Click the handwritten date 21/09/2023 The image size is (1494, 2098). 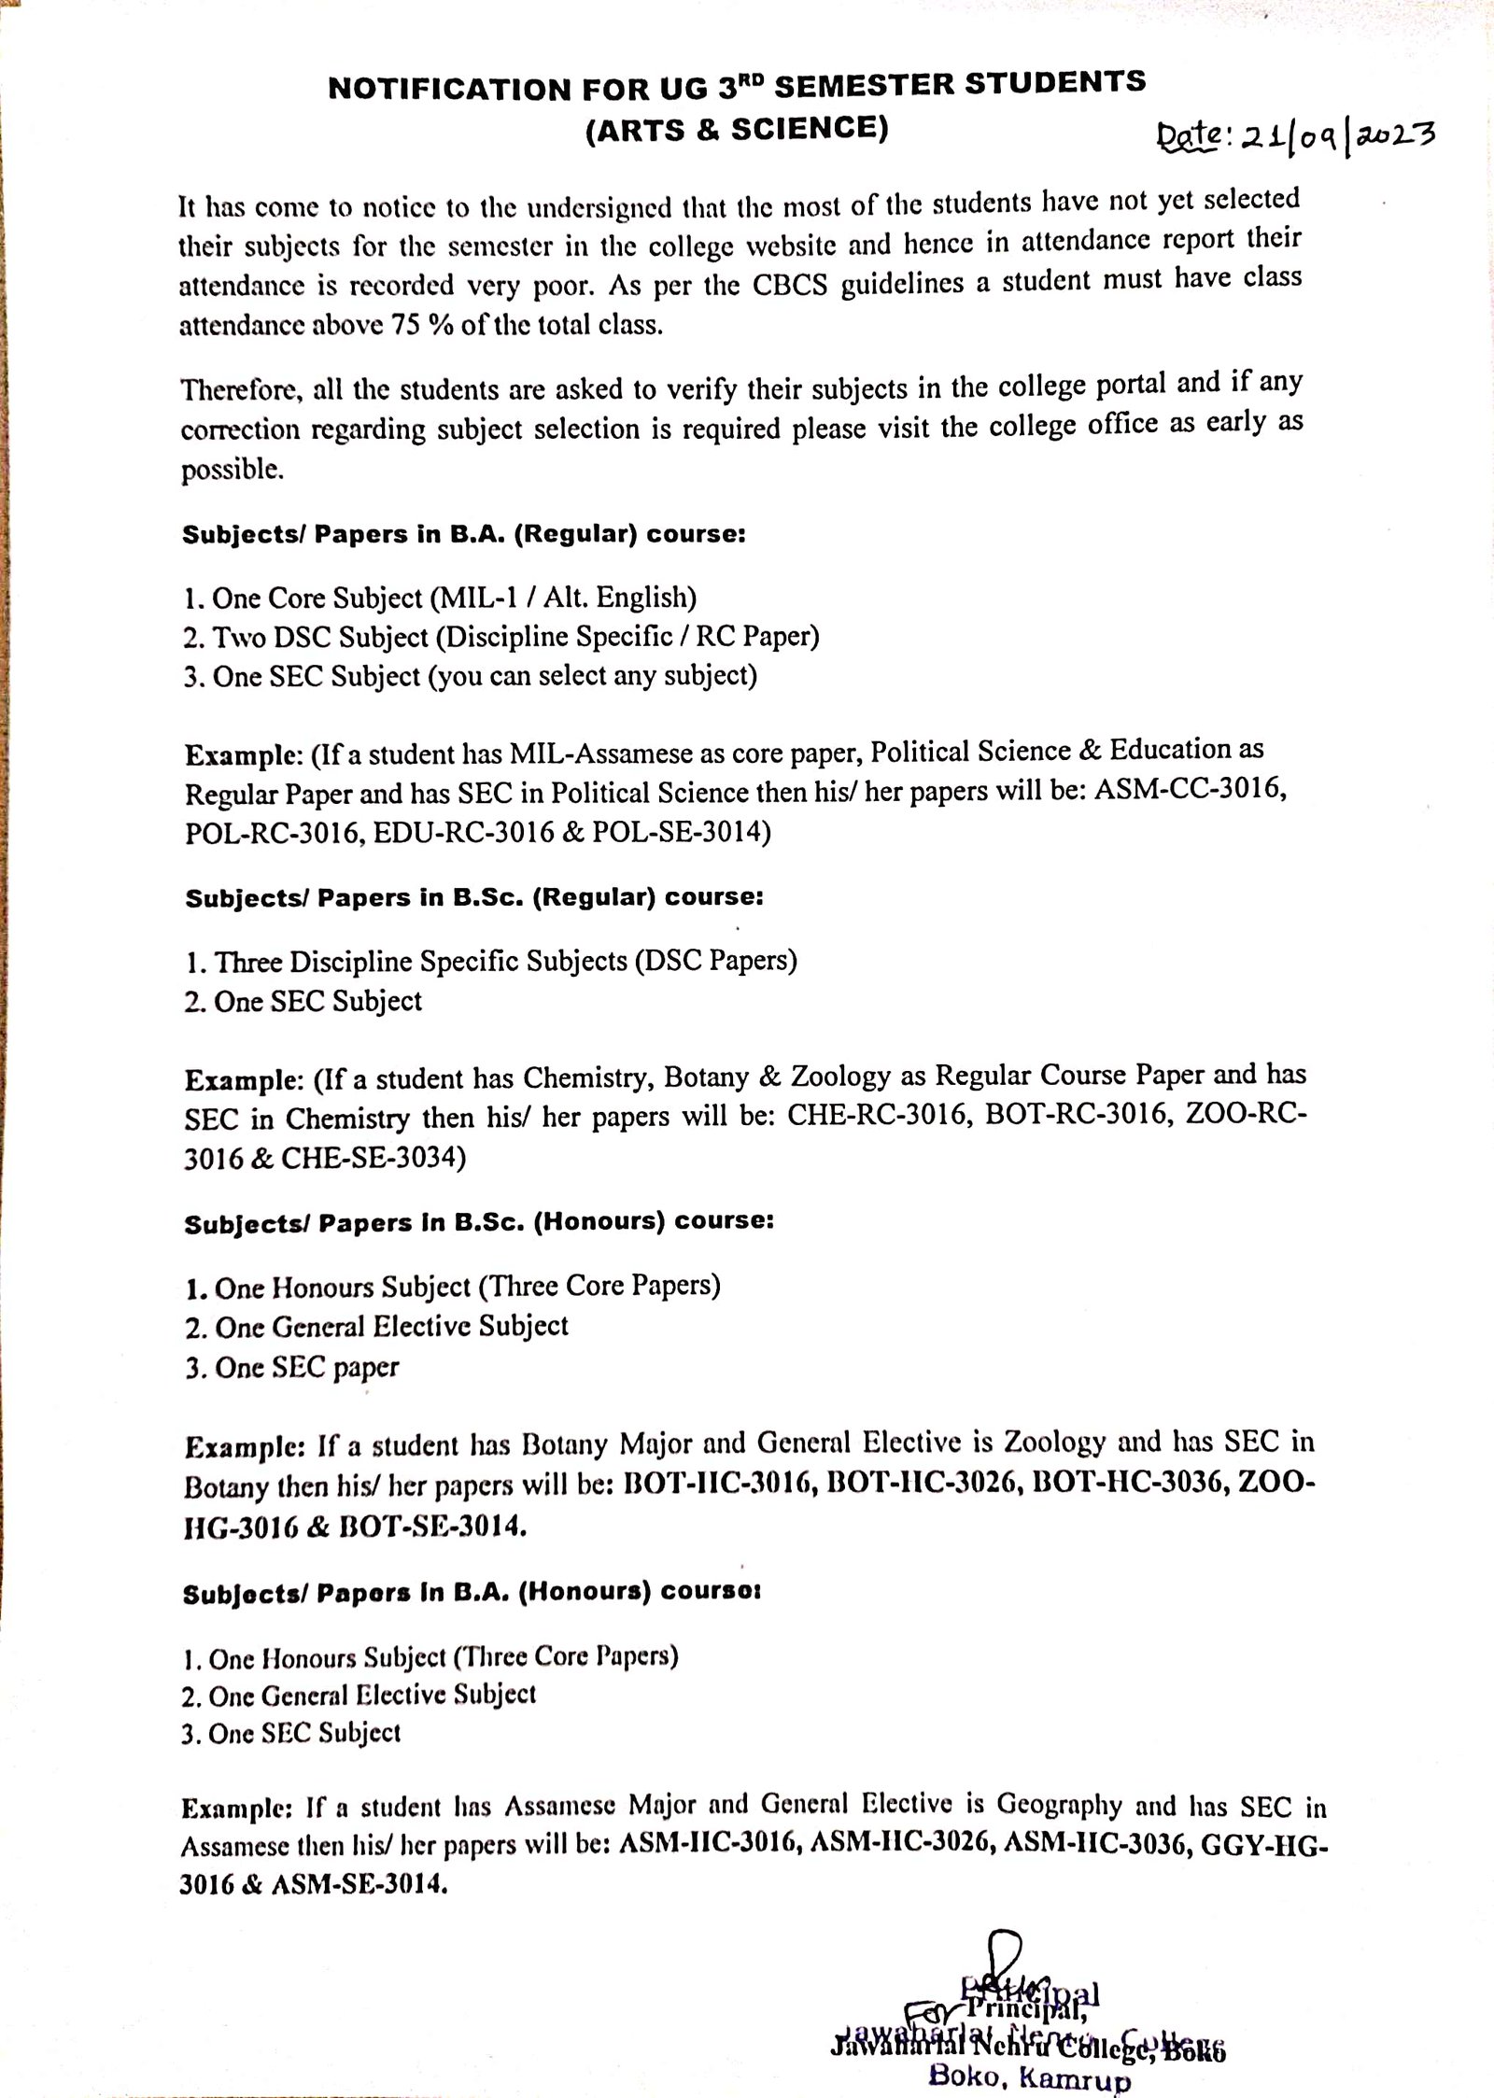coord(1293,139)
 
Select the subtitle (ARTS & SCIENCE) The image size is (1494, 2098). coord(737,131)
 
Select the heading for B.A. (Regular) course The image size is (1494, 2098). coord(464,536)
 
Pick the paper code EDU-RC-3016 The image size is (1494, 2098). coord(464,832)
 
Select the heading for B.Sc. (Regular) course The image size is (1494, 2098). coord(474,898)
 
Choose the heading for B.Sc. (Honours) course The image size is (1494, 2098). coord(479,1223)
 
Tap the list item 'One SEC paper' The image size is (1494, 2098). coord(293,1369)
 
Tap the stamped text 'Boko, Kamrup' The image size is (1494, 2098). coord(1028,2078)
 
